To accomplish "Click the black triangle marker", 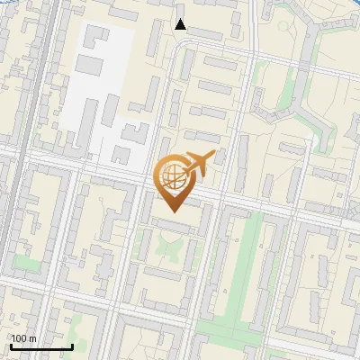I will coord(181,24).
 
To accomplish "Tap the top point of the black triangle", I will coord(181,19).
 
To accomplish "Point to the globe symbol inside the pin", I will coord(173,175).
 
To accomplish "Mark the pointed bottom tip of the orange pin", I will coord(174,211).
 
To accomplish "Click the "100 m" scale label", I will coord(23,338).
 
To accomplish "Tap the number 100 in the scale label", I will coord(19,338).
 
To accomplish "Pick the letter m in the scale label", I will coord(33,338).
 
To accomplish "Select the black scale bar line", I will coord(41,346).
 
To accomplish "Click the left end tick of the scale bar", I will coord(11,345).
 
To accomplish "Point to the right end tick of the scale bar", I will coord(72,345).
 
